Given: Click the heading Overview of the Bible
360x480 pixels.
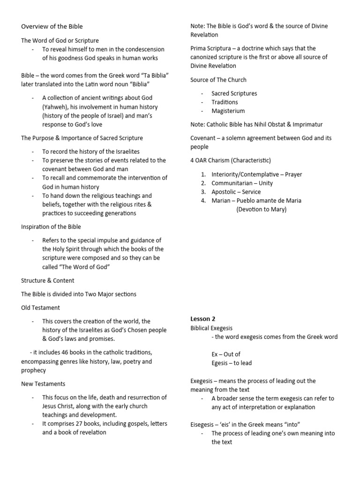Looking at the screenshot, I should pos(52,26).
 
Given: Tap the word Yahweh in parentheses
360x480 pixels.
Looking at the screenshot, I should pos(54,107).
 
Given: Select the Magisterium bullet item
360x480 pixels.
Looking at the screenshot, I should pos(228,111).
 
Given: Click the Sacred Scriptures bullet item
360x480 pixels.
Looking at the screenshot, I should pos(234,93).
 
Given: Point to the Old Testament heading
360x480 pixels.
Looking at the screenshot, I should pos(40,307).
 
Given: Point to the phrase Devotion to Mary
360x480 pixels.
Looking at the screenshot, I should pos(261,210).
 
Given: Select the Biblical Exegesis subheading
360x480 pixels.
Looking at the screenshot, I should pos(211,328).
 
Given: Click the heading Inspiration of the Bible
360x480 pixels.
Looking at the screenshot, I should pos(51,227).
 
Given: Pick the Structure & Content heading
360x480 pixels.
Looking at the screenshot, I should pos(48,281).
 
